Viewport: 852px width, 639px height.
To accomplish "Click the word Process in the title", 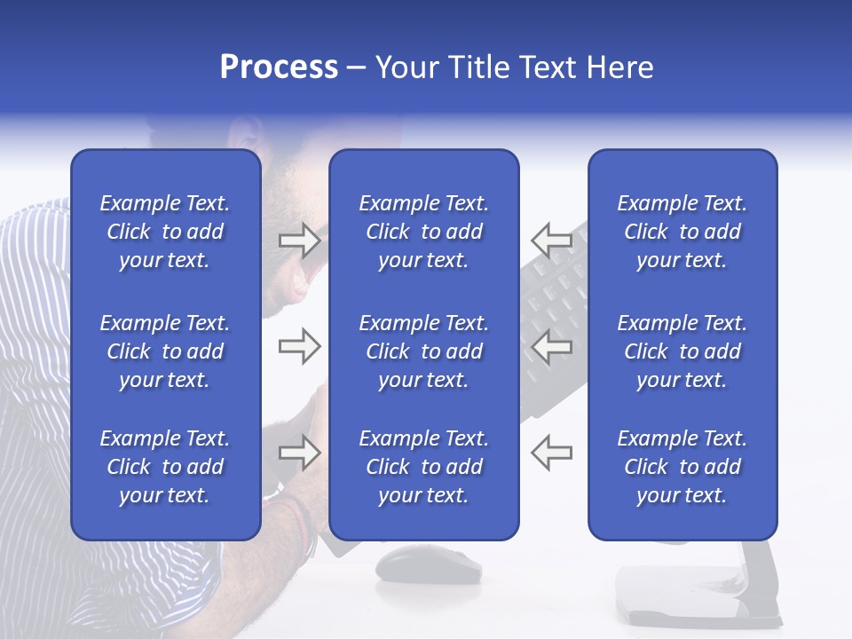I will click(x=279, y=67).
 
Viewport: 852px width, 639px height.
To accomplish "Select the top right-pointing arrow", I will click(x=299, y=241).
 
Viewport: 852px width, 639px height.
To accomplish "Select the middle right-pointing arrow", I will click(x=299, y=346).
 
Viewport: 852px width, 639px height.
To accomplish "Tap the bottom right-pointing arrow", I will click(x=299, y=453).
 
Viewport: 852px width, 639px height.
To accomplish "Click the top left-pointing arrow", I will click(x=551, y=241).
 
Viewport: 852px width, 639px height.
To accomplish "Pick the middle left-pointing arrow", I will click(x=551, y=346).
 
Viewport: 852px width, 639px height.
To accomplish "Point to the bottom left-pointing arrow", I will click(x=551, y=453).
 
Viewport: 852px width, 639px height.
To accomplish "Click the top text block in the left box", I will click(x=165, y=232).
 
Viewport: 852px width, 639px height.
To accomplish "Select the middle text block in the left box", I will click(x=165, y=351).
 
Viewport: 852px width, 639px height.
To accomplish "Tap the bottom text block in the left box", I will click(x=165, y=467).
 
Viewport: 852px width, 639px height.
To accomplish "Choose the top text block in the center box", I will click(x=423, y=232).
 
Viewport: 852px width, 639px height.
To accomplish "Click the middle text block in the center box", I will click(x=423, y=351).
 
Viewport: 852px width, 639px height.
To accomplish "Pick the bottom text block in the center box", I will click(x=423, y=467).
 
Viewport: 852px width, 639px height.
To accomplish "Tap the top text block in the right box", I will click(x=682, y=232).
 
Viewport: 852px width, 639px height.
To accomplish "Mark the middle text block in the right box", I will click(x=682, y=351).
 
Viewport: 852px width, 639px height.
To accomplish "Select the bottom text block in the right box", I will click(x=682, y=467).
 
